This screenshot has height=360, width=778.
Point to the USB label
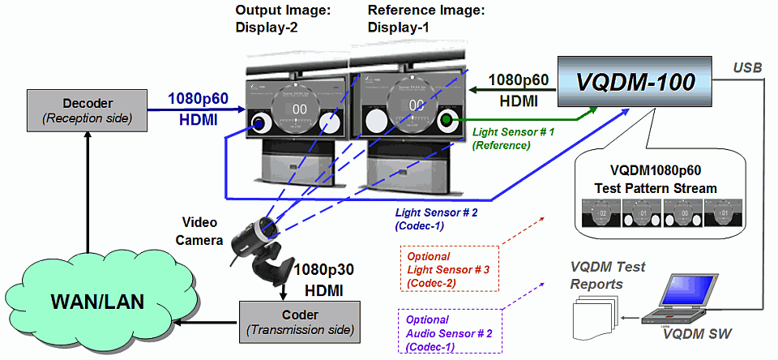pyautogui.click(x=748, y=67)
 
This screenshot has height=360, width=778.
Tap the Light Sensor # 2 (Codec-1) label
pyautogui.click(x=431, y=219)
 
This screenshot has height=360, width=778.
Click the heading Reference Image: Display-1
pyautogui.click(x=425, y=19)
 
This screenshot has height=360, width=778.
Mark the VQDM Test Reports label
pyautogui.click(x=608, y=276)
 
